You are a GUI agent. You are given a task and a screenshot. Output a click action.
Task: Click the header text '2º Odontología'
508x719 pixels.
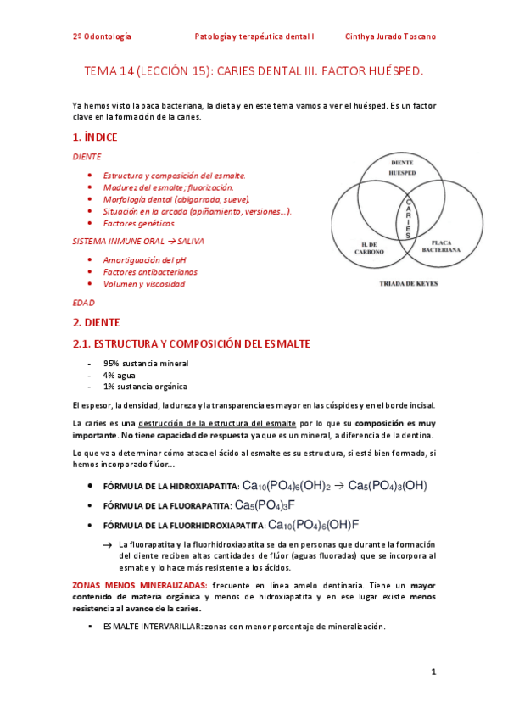[x=102, y=37]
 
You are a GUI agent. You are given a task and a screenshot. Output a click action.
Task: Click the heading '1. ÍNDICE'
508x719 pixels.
[x=95, y=137]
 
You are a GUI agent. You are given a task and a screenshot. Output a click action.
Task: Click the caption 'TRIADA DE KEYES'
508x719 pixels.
[x=408, y=284]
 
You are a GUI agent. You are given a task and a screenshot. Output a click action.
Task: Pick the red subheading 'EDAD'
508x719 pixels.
[x=84, y=302]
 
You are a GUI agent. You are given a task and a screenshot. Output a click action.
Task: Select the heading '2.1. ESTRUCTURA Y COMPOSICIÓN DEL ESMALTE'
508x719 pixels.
[x=192, y=343]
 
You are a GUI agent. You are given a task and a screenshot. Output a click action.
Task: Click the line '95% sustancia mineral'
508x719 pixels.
[x=146, y=363]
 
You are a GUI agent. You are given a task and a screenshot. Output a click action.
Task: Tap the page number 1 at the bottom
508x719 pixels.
[x=433, y=672]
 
